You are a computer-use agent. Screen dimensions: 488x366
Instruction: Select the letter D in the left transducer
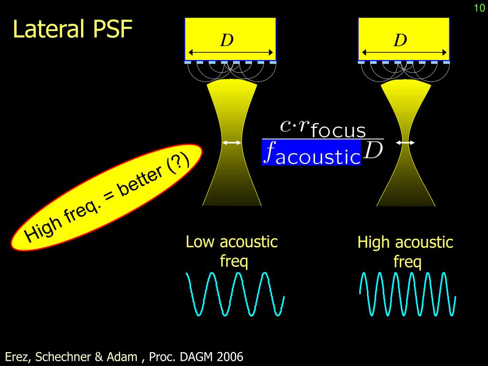[x=226, y=41]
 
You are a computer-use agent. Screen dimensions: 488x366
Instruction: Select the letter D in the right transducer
[x=400, y=41]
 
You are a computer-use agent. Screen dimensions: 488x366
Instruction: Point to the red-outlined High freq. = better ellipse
[x=107, y=197]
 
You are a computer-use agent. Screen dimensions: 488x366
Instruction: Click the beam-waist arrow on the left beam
[x=232, y=142]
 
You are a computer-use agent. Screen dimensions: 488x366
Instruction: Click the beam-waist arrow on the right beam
[x=405, y=142]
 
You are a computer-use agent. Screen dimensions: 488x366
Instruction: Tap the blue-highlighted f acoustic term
[x=311, y=152]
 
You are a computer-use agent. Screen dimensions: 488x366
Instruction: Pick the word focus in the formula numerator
[x=338, y=130]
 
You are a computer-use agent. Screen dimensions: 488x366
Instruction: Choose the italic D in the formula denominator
[x=373, y=151]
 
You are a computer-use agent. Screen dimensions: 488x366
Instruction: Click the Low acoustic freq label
[x=232, y=251]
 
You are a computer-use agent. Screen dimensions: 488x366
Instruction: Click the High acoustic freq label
[x=405, y=252]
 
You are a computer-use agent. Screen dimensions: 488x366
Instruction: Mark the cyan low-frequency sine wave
[x=235, y=294]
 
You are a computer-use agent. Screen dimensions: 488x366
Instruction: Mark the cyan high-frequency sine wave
[x=407, y=294]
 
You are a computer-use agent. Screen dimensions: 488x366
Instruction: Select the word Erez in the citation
[x=16, y=356]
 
